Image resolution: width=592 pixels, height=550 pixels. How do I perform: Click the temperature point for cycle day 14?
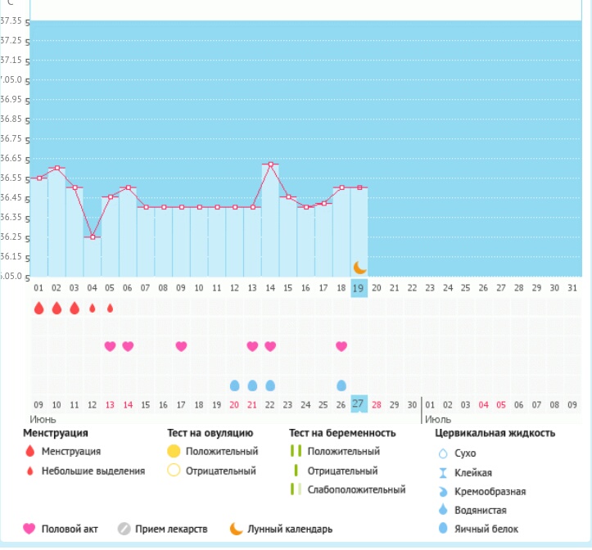(271, 164)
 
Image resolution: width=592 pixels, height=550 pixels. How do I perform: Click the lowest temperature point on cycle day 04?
(93, 237)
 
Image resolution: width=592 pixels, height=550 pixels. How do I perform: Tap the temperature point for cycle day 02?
(56, 168)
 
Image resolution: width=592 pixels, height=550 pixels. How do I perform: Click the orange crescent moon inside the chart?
(359, 267)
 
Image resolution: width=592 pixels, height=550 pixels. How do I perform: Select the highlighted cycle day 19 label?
(359, 288)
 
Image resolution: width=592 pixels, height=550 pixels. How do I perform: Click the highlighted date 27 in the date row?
(359, 403)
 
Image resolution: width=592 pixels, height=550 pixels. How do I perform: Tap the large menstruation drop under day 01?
(38, 308)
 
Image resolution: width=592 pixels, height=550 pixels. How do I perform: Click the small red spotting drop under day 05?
(111, 309)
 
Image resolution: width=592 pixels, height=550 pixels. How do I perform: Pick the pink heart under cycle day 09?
(182, 346)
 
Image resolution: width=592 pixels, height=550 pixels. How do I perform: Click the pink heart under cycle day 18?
(341, 346)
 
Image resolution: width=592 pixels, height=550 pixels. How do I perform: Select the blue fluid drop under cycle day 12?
(235, 385)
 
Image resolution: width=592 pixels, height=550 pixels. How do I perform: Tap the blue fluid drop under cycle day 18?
(341, 385)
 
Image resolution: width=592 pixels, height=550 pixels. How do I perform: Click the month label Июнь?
(43, 418)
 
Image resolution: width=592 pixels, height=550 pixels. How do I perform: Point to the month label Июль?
(437, 418)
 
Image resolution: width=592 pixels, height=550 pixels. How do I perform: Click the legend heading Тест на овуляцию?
(210, 433)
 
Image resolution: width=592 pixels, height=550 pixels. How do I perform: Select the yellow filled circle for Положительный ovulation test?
(174, 452)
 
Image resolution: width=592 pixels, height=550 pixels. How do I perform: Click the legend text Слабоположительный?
(356, 489)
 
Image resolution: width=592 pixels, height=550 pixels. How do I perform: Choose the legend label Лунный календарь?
(296, 529)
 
